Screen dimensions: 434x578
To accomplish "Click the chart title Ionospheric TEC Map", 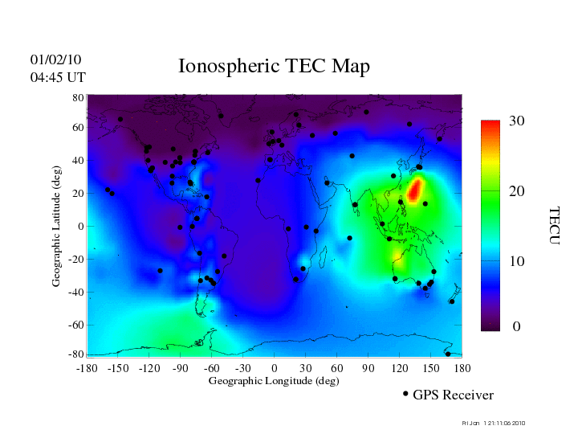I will [x=274, y=67].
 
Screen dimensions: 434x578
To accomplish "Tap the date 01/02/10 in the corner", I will [x=55, y=60].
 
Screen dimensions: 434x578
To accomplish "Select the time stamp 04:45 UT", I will [x=58, y=78].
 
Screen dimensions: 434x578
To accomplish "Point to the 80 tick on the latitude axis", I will [x=79, y=97].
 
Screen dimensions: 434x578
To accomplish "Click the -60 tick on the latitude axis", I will [x=76, y=325].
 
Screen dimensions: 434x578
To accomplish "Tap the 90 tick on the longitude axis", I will [x=368, y=368].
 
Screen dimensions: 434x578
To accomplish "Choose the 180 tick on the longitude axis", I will [x=462, y=368].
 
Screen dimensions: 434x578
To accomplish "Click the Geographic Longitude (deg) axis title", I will [x=274, y=381].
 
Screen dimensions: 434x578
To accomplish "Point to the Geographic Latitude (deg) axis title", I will [x=57, y=231].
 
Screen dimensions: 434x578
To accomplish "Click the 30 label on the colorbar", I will [x=517, y=121].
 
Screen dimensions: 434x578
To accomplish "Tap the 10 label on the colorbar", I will [x=517, y=262].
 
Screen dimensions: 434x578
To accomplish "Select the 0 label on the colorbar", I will [x=517, y=327].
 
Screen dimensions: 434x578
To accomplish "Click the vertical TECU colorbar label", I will [x=554, y=225].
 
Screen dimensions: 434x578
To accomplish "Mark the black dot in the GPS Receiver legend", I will [x=405, y=394].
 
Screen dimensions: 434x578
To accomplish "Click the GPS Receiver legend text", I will [x=453, y=395].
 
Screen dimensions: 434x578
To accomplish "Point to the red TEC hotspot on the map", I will [x=415, y=190].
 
